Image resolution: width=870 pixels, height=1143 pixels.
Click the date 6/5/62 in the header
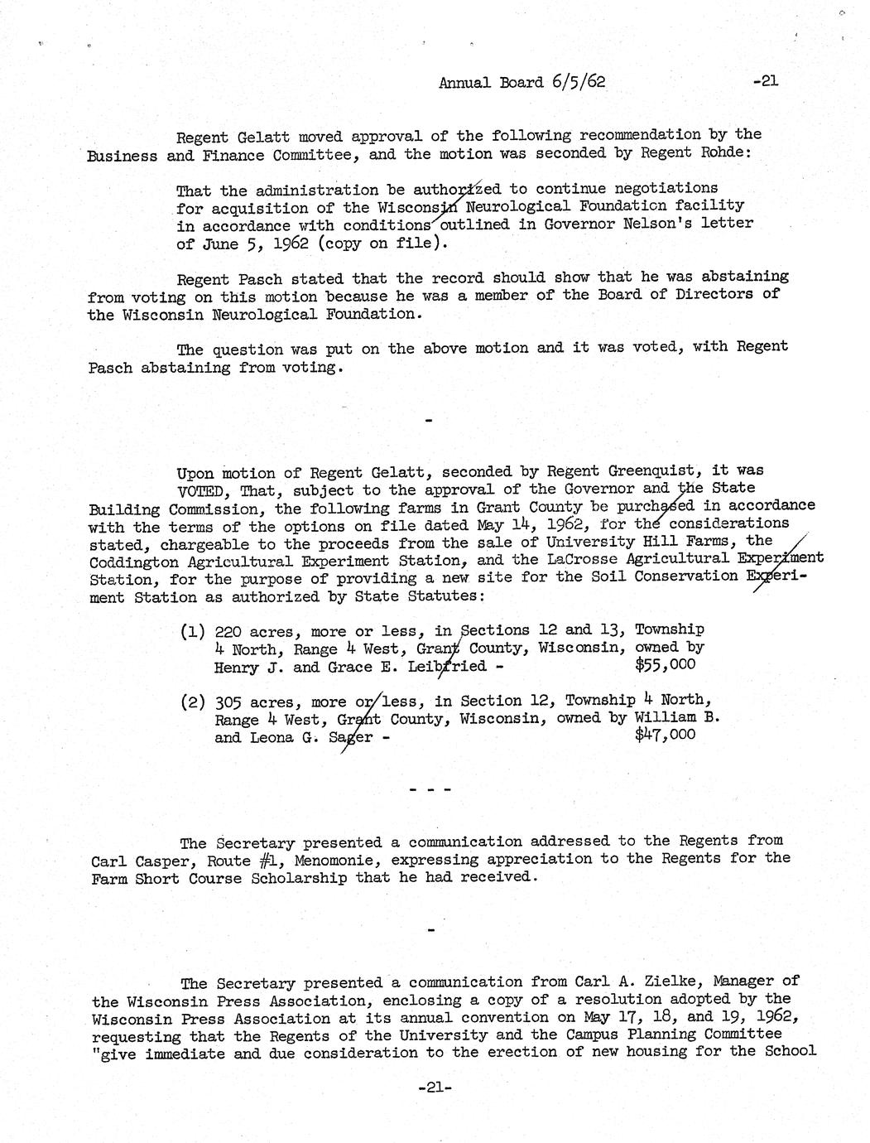[576, 82]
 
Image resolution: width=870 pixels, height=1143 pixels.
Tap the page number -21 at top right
[767, 81]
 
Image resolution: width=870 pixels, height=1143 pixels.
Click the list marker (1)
[193, 631]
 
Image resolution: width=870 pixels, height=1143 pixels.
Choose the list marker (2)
[193, 702]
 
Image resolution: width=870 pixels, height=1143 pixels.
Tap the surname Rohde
[736, 154]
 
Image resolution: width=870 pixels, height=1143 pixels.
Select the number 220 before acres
[228, 631]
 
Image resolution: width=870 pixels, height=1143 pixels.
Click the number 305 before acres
[228, 702]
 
